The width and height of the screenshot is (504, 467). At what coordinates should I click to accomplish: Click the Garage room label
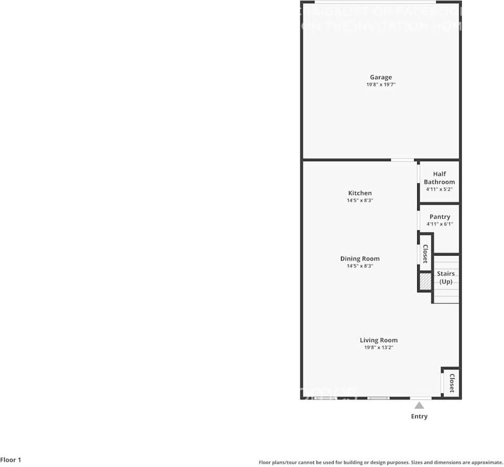(380, 78)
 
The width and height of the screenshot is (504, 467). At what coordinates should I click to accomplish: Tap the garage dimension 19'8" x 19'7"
(380, 84)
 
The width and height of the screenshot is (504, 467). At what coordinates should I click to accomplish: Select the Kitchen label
(359, 193)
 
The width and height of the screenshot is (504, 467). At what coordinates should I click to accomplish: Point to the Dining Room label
(359, 259)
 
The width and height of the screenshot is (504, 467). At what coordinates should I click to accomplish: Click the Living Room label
(378, 340)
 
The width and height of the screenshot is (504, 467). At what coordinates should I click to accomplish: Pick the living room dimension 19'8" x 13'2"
(378, 347)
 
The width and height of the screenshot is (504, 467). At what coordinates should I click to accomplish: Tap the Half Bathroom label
(439, 178)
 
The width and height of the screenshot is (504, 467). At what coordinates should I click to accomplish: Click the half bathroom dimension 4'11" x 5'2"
(439, 189)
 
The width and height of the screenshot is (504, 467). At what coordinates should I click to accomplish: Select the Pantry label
(439, 217)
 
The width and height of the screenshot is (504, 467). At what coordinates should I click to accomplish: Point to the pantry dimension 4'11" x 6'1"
(439, 224)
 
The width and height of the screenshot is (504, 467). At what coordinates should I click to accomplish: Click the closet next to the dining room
(425, 254)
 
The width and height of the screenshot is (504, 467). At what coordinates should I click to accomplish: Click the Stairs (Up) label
(446, 278)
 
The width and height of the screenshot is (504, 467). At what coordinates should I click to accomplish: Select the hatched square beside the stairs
(425, 282)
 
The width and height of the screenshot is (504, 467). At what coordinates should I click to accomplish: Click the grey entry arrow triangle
(419, 405)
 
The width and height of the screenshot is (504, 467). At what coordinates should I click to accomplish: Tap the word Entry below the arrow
(419, 417)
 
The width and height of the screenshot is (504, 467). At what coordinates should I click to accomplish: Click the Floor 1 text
(11, 460)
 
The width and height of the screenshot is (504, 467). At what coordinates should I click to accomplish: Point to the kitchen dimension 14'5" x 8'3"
(359, 200)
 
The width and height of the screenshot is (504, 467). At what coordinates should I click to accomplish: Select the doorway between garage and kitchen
(402, 160)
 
